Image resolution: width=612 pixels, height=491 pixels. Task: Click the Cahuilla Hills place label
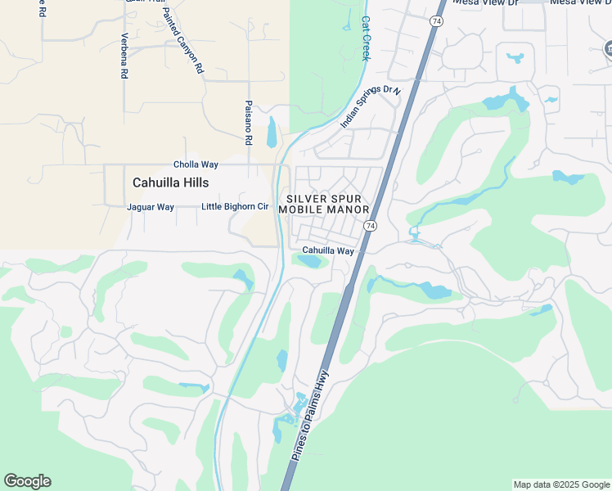point(170,183)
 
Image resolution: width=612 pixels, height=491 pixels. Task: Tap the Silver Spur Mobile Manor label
point(324,205)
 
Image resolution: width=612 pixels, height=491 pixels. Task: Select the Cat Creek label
point(366,38)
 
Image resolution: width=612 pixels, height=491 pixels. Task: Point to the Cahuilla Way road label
point(327,251)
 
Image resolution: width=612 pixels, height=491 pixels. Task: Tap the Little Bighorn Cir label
point(235,207)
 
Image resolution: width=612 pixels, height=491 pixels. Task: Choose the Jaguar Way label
point(151,207)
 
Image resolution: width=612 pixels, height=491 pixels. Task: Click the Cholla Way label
point(195,164)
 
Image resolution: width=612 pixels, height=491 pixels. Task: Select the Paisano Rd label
point(248,123)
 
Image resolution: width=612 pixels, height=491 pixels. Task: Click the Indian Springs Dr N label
point(371,106)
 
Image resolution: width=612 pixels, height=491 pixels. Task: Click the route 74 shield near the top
point(436,20)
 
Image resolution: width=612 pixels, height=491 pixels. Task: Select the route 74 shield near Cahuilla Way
point(371,226)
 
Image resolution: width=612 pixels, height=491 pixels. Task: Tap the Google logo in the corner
point(27,481)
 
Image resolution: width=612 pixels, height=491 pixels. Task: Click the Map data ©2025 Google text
point(560,484)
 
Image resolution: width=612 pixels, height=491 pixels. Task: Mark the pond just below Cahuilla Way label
point(309,262)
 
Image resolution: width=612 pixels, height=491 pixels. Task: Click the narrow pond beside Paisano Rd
point(272,132)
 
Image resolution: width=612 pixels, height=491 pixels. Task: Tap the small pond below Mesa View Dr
point(515,58)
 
